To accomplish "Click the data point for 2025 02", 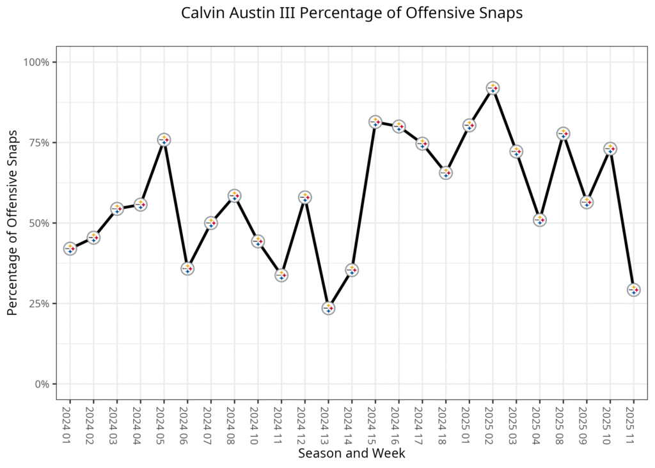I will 493,88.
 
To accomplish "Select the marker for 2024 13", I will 328,309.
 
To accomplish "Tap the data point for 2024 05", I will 164,140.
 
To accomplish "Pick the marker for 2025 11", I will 633,290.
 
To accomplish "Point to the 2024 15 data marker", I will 375,122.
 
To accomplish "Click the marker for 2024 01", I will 70,249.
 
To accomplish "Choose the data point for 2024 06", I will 187,269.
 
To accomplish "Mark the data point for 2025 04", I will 540,220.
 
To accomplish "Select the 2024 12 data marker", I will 305,197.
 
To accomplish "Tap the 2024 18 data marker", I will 446,173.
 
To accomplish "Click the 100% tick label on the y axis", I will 37,62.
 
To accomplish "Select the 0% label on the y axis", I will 42,384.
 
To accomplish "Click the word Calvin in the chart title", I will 200,13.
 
